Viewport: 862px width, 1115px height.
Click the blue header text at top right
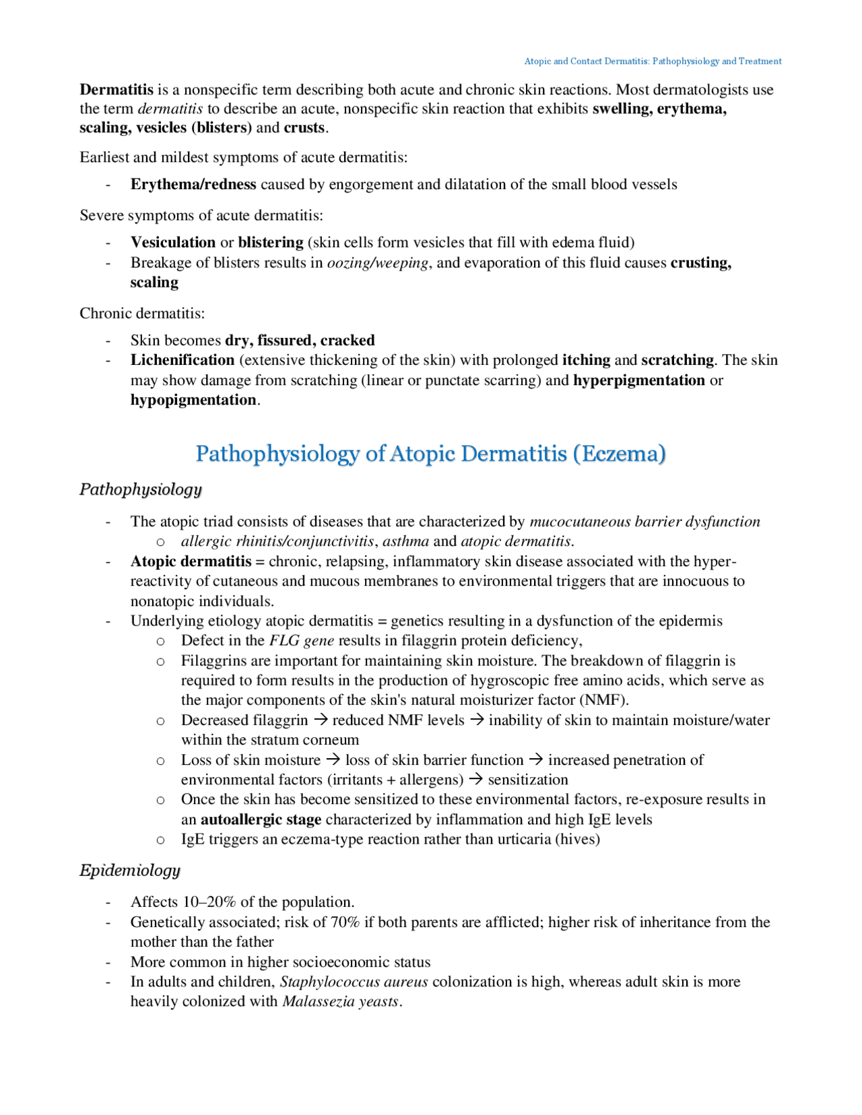(653, 61)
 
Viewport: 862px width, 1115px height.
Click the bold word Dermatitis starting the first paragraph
(117, 90)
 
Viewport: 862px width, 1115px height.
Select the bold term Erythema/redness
(193, 184)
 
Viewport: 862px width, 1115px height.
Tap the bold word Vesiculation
(173, 242)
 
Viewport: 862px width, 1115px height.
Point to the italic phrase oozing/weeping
(378, 263)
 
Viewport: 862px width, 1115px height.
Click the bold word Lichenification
(183, 360)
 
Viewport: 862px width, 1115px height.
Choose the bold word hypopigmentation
(193, 400)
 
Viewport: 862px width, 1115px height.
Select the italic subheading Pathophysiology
(141, 489)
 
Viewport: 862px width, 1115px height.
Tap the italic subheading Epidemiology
(130, 871)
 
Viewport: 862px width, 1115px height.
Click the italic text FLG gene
(301, 640)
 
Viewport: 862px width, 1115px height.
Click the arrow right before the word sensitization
(476, 779)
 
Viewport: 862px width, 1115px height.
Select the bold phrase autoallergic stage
(261, 819)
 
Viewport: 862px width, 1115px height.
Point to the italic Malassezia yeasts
(341, 1001)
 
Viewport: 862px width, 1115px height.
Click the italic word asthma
(405, 541)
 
